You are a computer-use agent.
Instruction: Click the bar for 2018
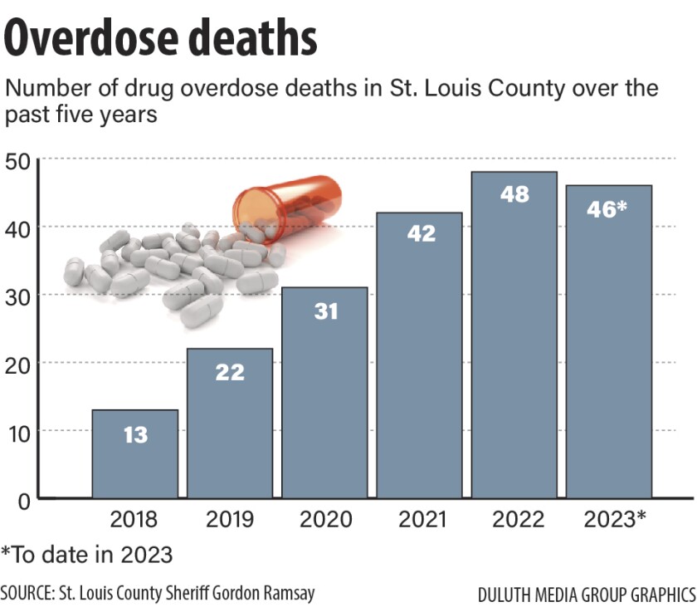coord(134,454)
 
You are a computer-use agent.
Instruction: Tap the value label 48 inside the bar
coord(514,194)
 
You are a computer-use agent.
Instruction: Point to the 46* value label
coord(609,208)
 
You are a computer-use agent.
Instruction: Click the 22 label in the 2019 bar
coord(230,372)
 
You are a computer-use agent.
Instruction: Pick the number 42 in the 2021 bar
coord(420,233)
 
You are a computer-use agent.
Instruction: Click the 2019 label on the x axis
coord(230,521)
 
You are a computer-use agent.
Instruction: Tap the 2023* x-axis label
coord(614,521)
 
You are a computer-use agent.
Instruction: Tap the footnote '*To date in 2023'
coord(86,554)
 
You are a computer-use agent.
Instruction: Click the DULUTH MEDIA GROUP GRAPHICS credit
coord(586,595)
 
